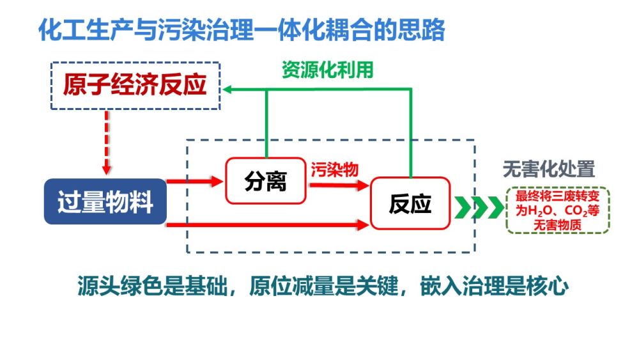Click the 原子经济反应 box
(135, 86)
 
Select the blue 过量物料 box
(105, 202)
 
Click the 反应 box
(410, 203)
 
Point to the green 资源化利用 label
(327, 70)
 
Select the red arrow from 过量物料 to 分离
(195, 182)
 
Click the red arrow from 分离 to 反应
(338, 185)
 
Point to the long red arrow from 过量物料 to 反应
(268, 224)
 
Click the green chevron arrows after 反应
(478, 207)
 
